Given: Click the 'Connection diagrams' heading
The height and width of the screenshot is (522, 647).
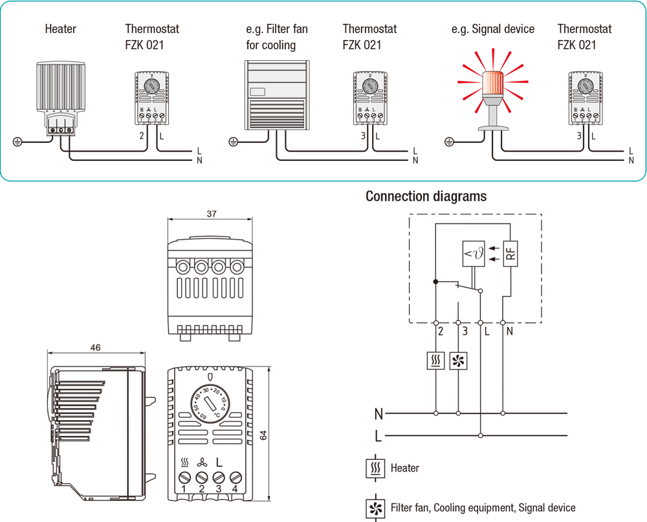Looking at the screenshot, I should [x=426, y=196].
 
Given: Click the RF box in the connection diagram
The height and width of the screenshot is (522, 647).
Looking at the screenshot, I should [x=510, y=254].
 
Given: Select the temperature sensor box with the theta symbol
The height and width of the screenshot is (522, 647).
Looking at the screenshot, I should [x=474, y=254].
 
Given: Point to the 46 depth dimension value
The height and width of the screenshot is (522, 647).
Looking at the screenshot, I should [x=95, y=348].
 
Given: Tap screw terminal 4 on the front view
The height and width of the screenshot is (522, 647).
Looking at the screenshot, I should [x=236, y=478].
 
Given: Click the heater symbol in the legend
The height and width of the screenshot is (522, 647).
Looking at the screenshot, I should [x=375, y=468].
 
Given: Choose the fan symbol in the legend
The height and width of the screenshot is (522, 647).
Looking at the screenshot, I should [x=375, y=508].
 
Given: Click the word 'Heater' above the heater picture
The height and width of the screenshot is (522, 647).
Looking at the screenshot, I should [x=60, y=29].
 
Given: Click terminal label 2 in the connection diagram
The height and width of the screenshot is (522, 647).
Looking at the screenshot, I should [x=440, y=332].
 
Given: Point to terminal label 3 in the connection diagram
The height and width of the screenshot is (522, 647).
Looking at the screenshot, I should [x=463, y=332].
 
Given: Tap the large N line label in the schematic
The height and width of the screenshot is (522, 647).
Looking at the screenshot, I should [x=378, y=413].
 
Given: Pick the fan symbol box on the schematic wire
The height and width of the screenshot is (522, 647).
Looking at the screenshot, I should [x=458, y=360].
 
